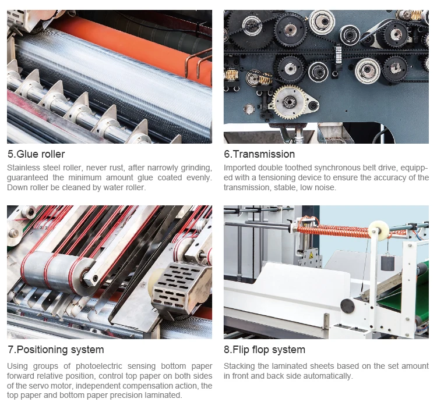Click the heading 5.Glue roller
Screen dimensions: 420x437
click(36, 154)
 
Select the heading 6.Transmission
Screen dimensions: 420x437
click(259, 154)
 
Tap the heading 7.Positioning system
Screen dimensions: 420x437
click(55, 350)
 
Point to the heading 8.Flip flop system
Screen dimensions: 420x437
click(265, 350)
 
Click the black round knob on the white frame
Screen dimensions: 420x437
click(347, 304)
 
